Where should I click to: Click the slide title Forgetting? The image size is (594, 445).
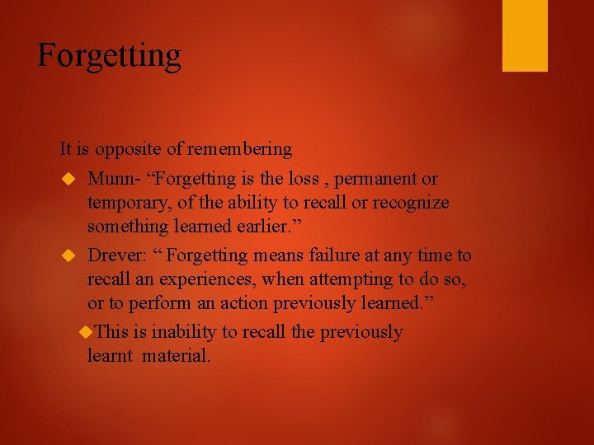(x=109, y=56)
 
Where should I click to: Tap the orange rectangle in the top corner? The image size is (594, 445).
(x=525, y=35)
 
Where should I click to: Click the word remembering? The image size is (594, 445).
(x=239, y=149)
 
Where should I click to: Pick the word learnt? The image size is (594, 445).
(x=111, y=356)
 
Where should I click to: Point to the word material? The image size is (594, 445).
(x=177, y=356)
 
